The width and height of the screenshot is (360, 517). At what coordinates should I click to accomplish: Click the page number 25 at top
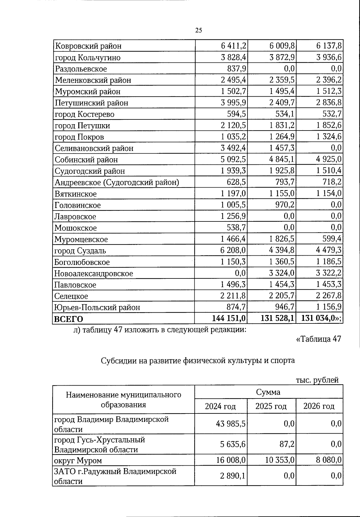(x=198, y=30)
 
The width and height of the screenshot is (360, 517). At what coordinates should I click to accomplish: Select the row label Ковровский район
(x=88, y=46)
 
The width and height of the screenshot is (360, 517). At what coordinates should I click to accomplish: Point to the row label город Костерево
(x=84, y=114)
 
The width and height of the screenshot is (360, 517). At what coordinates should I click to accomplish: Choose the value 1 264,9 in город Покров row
(x=282, y=137)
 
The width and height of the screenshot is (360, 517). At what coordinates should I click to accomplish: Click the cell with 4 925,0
(x=328, y=159)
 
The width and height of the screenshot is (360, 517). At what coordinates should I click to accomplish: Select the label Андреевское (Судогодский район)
(x=117, y=182)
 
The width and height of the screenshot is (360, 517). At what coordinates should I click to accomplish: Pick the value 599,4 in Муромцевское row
(x=332, y=239)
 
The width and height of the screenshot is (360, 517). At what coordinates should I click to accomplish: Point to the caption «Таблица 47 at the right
(x=318, y=339)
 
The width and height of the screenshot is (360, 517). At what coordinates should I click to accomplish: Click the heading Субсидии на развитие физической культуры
(x=198, y=360)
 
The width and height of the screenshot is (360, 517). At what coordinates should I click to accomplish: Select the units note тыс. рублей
(x=317, y=380)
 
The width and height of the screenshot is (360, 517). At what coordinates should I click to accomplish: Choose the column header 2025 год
(x=271, y=406)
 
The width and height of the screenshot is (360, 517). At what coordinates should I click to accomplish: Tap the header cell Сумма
(x=268, y=392)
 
